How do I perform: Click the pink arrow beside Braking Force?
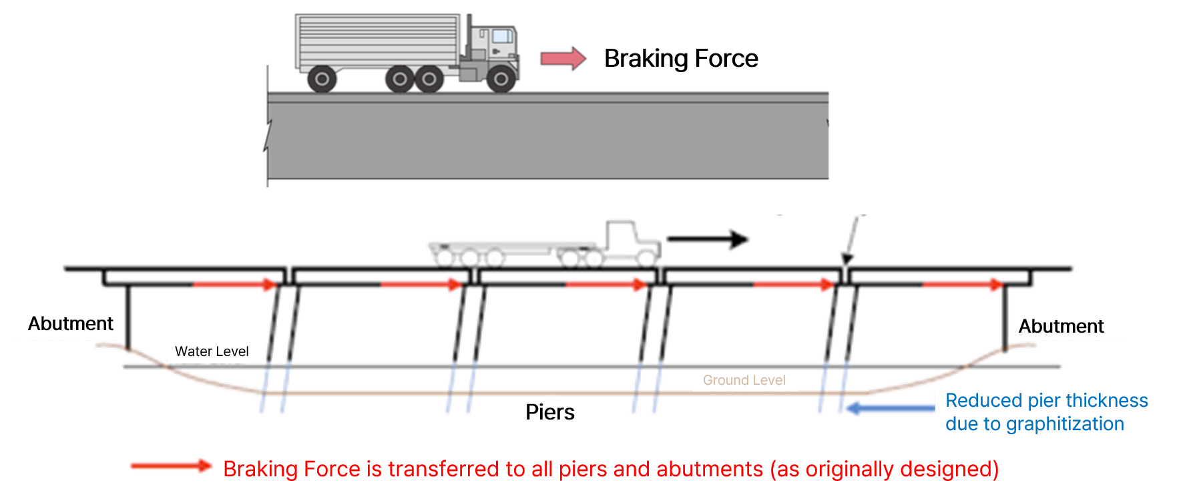coord(563,59)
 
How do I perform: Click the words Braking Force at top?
coord(680,59)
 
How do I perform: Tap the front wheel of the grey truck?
coord(501,79)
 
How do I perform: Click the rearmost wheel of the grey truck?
coord(322,79)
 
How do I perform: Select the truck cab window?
coord(503,35)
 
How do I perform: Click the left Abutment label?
coord(71,324)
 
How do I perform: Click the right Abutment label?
coord(1061,327)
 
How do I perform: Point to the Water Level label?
coord(211,351)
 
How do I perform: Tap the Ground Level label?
coord(744,381)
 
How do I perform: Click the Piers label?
coord(549,412)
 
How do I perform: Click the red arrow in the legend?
coord(170,466)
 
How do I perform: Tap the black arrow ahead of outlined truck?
coord(708,238)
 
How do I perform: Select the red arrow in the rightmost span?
coord(962,285)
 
